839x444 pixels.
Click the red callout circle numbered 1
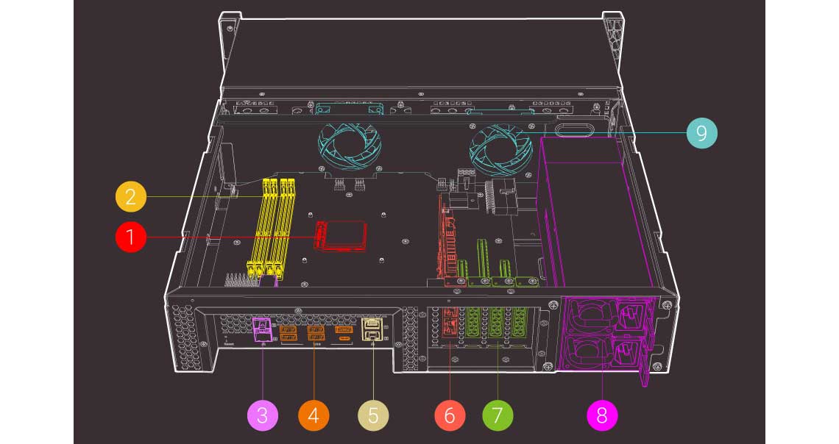point(131,237)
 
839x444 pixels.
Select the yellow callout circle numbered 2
point(131,197)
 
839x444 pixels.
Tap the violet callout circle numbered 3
point(263,415)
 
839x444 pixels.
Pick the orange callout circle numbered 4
point(314,415)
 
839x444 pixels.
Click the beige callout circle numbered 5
point(373,415)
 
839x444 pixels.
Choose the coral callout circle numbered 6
point(450,415)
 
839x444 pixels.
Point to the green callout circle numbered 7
point(498,415)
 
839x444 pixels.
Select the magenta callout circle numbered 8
point(602,415)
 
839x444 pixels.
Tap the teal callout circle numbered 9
point(702,133)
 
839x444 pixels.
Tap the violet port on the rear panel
point(261,329)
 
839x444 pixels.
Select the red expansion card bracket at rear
point(448,327)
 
